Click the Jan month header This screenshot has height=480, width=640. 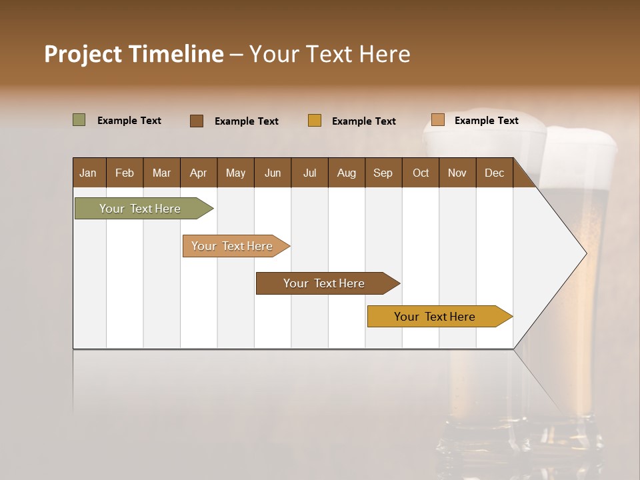pyautogui.click(x=88, y=173)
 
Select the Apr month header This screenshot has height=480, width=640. pyautogui.click(x=198, y=173)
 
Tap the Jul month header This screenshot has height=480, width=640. pyautogui.click(x=309, y=173)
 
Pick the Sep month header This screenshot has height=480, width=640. pyautogui.click(x=383, y=173)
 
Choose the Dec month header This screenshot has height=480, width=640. pyautogui.click(x=494, y=173)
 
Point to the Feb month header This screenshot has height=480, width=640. pyautogui.click(x=125, y=173)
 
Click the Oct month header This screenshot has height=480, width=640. pyautogui.click(x=421, y=173)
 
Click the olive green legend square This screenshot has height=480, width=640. pyautogui.click(x=79, y=120)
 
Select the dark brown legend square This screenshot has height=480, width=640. pyautogui.click(x=197, y=121)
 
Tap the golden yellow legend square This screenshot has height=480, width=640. pyautogui.click(x=315, y=121)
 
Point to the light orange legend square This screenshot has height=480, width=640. pyautogui.click(x=437, y=120)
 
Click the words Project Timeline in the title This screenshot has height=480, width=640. pyautogui.click(x=133, y=54)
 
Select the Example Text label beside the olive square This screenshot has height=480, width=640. pyautogui.click(x=129, y=121)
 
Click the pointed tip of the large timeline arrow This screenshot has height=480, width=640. pyautogui.click(x=585, y=253)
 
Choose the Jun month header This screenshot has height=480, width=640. pyautogui.click(x=273, y=173)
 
